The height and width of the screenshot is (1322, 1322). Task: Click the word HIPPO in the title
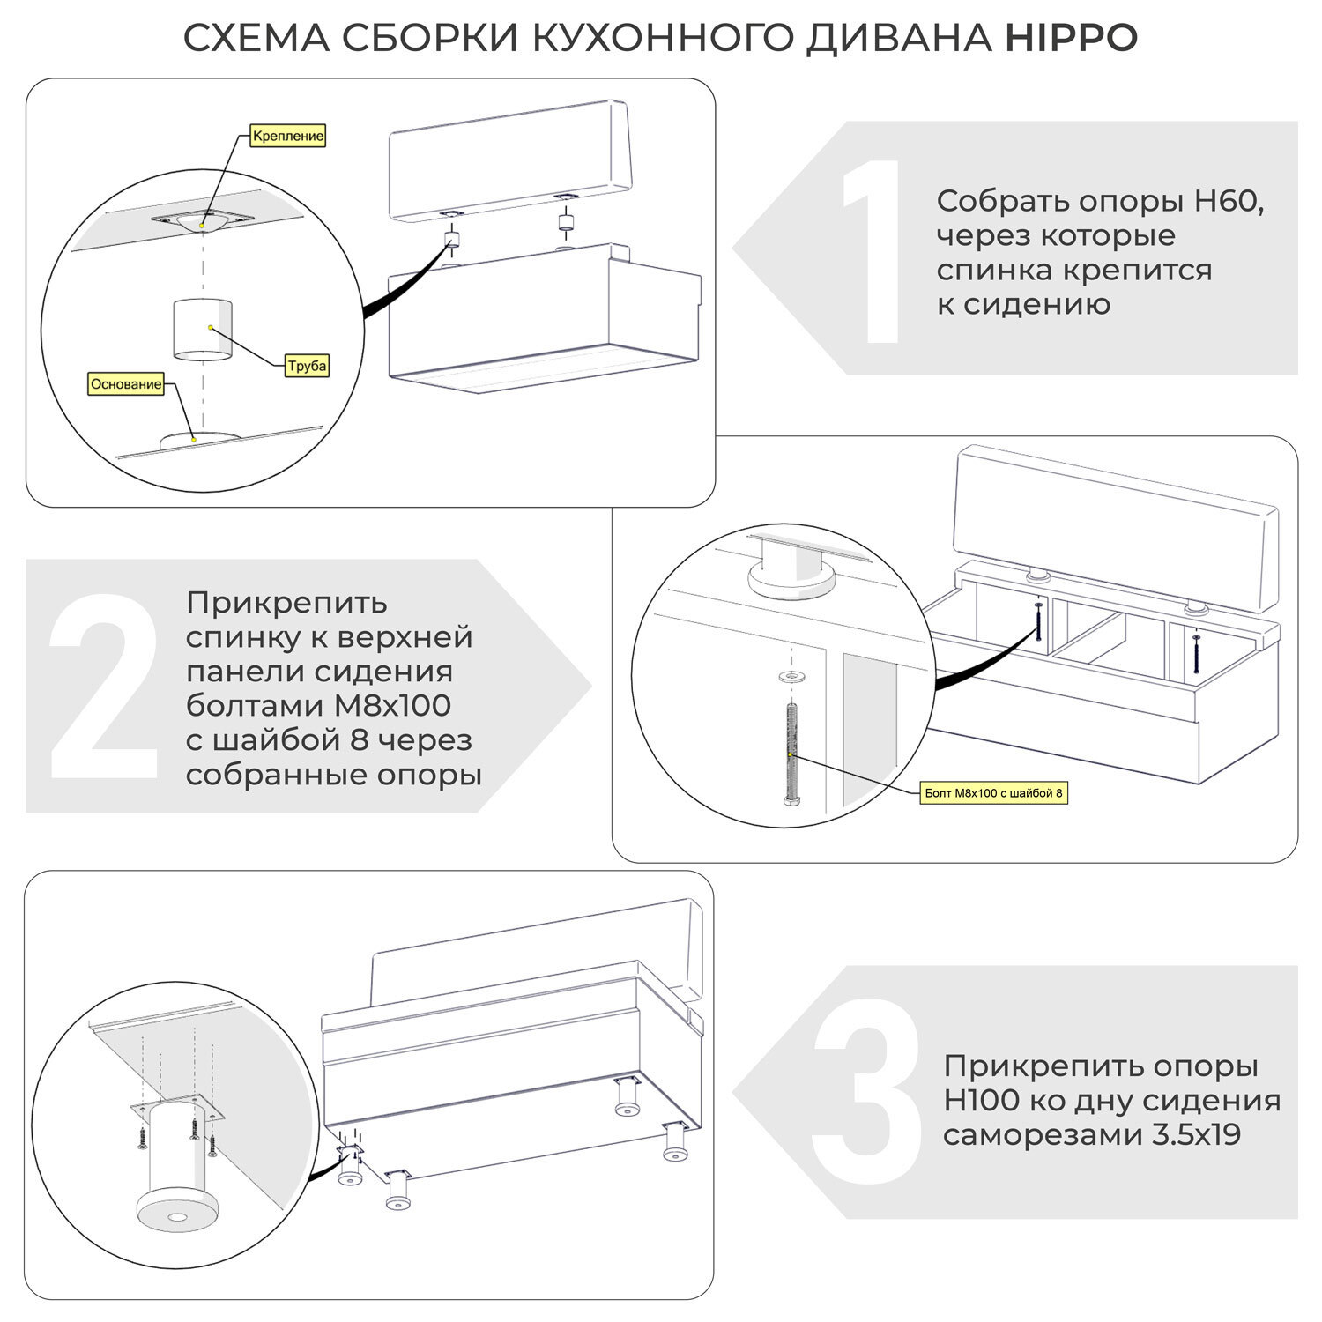1071,38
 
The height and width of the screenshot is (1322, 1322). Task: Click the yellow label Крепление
288,136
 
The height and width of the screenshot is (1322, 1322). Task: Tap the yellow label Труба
307,366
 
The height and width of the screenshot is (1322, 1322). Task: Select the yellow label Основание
126,384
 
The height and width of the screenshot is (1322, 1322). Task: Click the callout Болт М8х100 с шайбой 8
993,793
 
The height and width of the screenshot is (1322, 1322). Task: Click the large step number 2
104,687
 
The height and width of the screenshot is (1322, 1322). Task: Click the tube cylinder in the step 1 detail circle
203,330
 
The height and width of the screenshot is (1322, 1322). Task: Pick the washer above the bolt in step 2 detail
791,676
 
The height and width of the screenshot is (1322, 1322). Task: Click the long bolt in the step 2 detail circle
791,754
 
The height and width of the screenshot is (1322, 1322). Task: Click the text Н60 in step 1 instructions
1229,201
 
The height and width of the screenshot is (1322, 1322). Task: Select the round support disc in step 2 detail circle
791,583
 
